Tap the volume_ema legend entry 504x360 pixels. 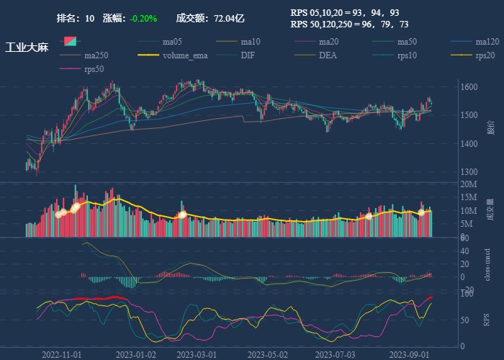point(185,55)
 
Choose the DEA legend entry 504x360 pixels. point(328,55)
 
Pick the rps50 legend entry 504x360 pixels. point(94,69)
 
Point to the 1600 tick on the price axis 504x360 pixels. point(468,87)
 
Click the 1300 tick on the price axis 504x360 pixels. point(468,172)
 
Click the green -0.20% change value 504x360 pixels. point(144,18)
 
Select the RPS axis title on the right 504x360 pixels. point(487,319)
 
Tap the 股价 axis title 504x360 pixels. point(491,128)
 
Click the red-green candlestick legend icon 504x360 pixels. point(70,42)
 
